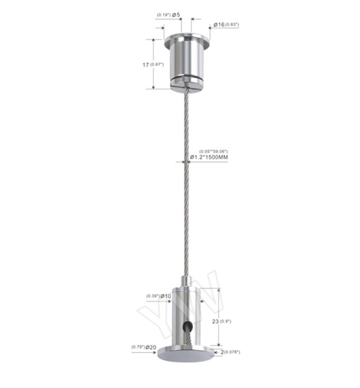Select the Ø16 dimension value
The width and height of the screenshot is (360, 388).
(x=219, y=24)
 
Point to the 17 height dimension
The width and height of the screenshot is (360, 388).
(x=146, y=65)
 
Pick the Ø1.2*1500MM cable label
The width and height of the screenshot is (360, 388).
(x=209, y=158)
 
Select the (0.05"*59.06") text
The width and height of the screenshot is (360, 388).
(x=213, y=151)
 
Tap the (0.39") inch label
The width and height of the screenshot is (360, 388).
(x=153, y=297)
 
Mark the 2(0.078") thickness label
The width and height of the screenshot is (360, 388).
(x=228, y=351)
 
